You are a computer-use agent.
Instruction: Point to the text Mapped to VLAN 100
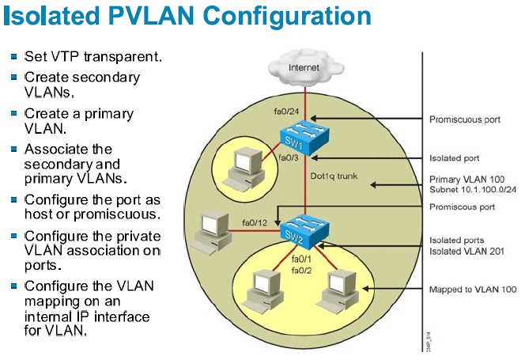[x=472, y=290]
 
